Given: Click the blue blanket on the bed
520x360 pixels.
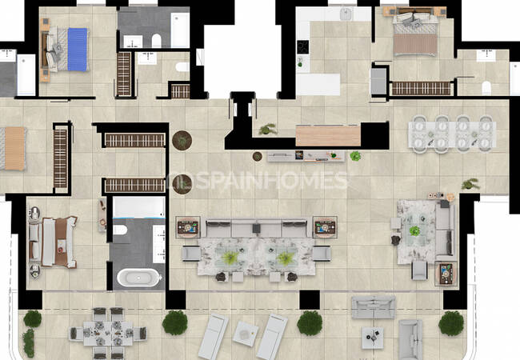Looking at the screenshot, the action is [78, 50].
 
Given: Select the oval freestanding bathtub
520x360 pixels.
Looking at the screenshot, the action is [138, 278].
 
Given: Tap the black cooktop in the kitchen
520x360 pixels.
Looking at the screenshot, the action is [302, 47].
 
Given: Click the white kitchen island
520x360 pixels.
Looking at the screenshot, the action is [318, 84].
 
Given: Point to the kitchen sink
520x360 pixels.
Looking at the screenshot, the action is [346, 14].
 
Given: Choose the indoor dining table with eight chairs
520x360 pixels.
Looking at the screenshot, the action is [452, 134].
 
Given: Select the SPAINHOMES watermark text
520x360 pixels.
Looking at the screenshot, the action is [258, 181].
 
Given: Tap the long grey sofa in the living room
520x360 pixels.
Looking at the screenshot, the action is [256, 228].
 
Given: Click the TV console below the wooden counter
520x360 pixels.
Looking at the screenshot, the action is [306, 156].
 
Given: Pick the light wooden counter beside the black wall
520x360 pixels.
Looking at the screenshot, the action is [328, 135].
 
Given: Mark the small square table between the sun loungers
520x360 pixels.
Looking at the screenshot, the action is [246, 334].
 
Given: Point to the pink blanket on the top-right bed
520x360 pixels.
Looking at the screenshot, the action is [415, 45].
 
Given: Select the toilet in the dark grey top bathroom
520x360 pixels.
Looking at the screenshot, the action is [156, 41].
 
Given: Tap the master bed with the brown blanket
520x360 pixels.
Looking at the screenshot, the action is [54, 242].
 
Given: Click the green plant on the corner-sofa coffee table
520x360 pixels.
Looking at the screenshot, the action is [414, 230].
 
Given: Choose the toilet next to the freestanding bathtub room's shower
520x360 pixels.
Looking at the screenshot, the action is [120, 230].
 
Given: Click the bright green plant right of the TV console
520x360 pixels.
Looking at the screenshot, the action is [355, 156].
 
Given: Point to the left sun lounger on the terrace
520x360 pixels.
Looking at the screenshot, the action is [213, 337].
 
